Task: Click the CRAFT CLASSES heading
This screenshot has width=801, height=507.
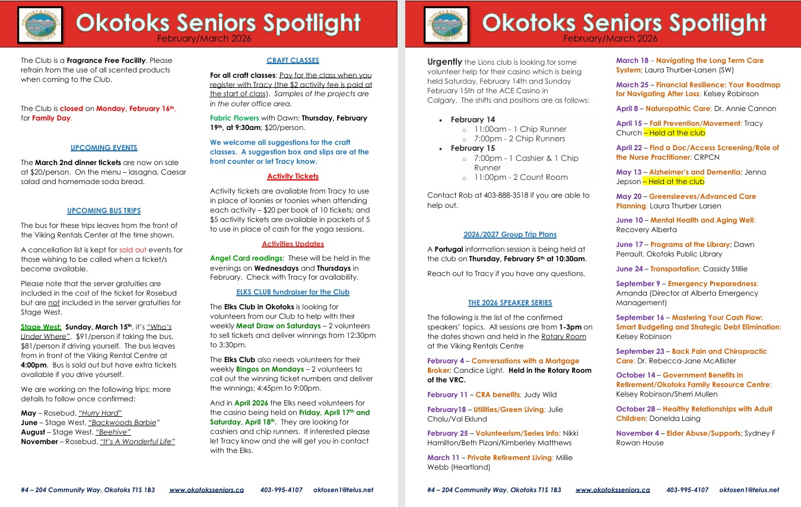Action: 293,61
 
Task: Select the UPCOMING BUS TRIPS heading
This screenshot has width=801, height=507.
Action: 104,211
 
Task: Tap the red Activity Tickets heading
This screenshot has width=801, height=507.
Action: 293,176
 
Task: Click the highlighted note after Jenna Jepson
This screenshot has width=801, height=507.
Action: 673,182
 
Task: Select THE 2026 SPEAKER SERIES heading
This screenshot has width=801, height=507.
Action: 510,303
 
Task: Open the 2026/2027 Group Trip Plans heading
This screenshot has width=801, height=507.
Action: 510,235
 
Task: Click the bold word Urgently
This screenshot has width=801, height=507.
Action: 444,62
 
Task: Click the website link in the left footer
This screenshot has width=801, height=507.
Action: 206,490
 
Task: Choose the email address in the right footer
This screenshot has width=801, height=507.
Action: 749,490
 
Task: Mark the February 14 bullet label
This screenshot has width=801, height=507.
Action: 472,119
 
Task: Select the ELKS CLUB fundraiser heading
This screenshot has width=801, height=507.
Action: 293,292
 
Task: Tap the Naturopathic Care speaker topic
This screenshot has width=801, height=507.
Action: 678,109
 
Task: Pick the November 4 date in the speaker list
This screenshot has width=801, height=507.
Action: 637,433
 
